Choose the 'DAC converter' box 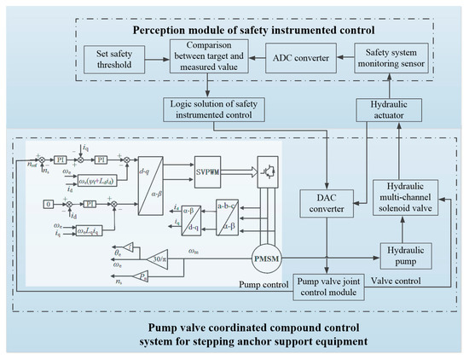(326, 206)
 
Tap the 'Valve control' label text (399, 277)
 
